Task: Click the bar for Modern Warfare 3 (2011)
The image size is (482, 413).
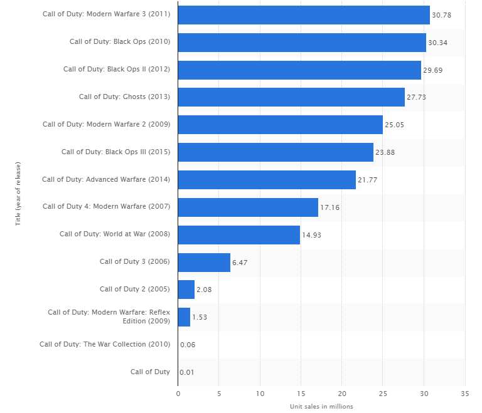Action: click(x=304, y=15)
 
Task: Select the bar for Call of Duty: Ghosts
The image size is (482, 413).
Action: click(x=291, y=97)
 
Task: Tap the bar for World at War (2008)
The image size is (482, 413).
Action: click(x=239, y=234)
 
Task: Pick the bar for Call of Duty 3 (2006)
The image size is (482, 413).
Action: click(x=204, y=262)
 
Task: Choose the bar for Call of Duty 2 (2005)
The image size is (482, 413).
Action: click(x=186, y=290)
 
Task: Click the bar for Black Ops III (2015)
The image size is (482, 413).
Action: click(x=276, y=152)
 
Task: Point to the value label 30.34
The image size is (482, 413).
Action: click(x=438, y=43)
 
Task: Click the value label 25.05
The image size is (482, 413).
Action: click(x=394, y=125)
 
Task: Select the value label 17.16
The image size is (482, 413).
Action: click(x=330, y=207)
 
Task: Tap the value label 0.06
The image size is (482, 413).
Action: click(x=187, y=345)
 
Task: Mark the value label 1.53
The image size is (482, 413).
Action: click(x=200, y=317)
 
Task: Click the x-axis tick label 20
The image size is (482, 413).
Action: click(x=342, y=394)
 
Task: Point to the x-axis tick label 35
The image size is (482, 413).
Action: click(x=465, y=394)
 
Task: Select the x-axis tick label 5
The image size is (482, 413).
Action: click(x=219, y=394)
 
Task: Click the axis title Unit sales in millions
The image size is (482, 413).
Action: click(x=321, y=406)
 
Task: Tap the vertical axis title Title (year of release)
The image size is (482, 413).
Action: click(x=19, y=194)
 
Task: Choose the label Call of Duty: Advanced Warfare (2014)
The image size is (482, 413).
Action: click(x=106, y=179)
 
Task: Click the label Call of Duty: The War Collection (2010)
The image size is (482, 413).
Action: click(x=105, y=344)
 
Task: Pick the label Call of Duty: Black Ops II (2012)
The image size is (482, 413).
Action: click(x=117, y=70)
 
